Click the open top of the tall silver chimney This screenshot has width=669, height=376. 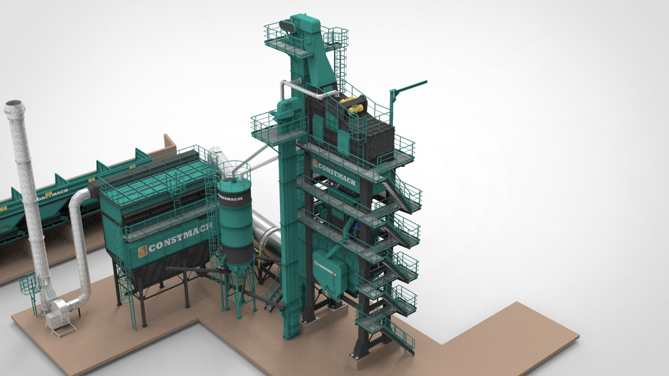coord(14,104)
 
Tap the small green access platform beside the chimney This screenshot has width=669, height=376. coord(30,285)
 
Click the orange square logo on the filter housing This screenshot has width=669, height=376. coord(142,251)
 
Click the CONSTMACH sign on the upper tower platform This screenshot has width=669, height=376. coord(336,174)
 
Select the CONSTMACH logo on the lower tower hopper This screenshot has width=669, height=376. coord(325,268)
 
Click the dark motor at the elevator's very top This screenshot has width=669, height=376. coord(287,26)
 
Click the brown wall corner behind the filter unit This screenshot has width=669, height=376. coord(169,142)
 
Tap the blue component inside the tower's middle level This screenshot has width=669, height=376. coord(357,225)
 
